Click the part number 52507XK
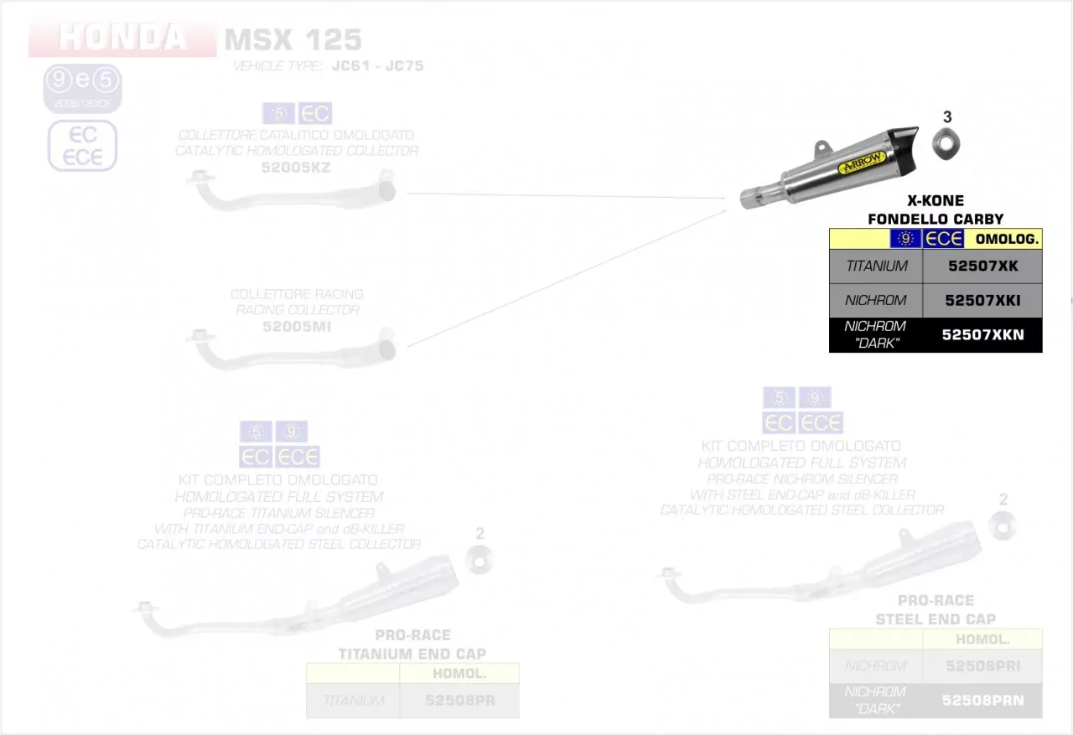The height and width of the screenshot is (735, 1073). click(982, 267)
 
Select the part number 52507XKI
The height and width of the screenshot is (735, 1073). click(982, 300)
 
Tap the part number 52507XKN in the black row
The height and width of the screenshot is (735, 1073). click(982, 334)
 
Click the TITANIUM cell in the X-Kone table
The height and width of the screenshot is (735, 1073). click(876, 267)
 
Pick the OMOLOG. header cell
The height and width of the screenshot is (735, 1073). click(1007, 239)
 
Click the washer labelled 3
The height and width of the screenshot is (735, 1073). click(946, 144)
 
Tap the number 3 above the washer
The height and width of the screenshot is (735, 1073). click(947, 116)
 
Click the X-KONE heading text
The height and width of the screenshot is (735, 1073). click(935, 201)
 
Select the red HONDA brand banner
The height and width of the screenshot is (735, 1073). click(122, 38)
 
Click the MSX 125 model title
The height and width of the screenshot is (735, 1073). click(293, 39)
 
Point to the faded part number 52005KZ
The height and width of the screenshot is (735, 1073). click(296, 168)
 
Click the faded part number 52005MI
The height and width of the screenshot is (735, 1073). click(296, 326)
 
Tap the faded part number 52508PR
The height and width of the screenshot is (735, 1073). click(459, 701)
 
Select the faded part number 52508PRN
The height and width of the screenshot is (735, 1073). click(982, 701)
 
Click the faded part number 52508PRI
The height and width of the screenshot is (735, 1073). click(982, 665)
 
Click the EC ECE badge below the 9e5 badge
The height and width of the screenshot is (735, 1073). click(82, 146)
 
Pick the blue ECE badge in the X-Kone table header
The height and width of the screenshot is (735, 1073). click(943, 239)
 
